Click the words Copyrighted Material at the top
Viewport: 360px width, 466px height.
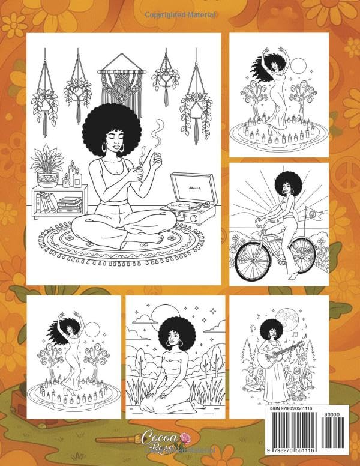tap(178, 13)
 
